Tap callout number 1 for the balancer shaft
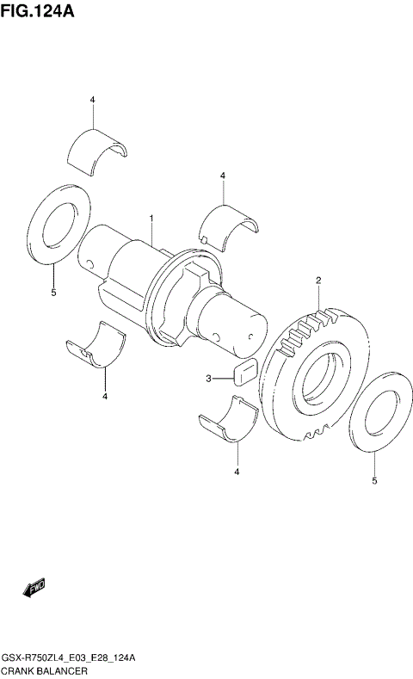[151, 220]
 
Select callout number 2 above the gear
[317, 281]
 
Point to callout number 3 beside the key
[207, 378]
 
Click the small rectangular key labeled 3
[242, 373]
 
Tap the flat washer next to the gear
[376, 416]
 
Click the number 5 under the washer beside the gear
[374, 481]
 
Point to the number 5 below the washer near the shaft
[52, 293]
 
